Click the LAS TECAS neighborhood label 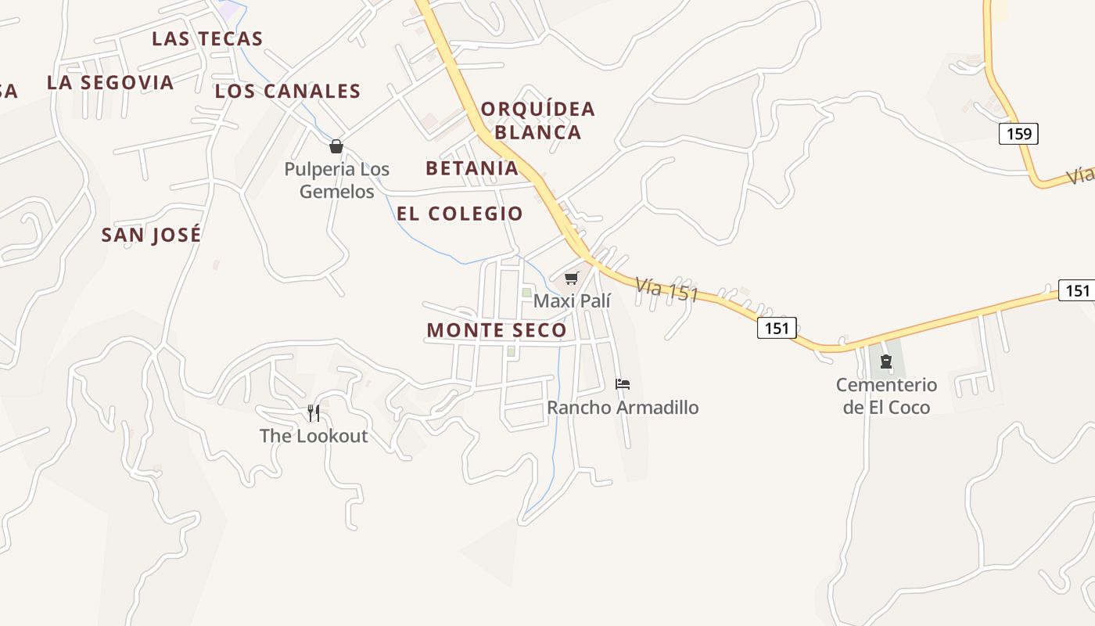pyautogui.click(x=207, y=38)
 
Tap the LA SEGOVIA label pyautogui.click(x=110, y=82)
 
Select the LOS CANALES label pyautogui.click(x=288, y=91)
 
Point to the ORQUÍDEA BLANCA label pyautogui.click(x=538, y=120)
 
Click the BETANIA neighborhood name pyautogui.click(x=472, y=167)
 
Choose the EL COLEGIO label pyautogui.click(x=459, y=214)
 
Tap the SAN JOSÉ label pyautogui.click(x=151, y=235)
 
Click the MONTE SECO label pyautogui.click(x=497, y=330)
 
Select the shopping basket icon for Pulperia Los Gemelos pyautogui.click(x=336, y=146)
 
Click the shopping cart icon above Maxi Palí pyautogui.click(x=572, y=279)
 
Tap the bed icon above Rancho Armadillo pyautogui.click(x=623, y=384)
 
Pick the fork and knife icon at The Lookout pyautogui.click(x=314, y=412)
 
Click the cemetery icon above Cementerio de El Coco pyautogui.click(x=886, y=362)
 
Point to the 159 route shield pyautogui.click(x=1018, y=134)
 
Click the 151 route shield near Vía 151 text pyautogui.click(x=777, y=328)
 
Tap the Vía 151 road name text pyautogui.click(x=666, y=290)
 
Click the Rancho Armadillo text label pyautogui.click(x=623, y=408)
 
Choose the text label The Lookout pyautogui.click(x=314, y=436)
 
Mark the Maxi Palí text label pyautogui.click(x=572, y=301)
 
